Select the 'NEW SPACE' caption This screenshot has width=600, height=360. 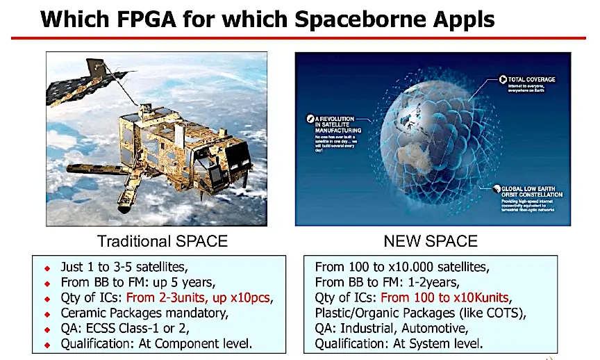[431, 241]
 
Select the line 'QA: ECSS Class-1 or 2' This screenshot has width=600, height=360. [125, 329]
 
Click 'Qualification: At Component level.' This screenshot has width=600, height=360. [156, 344]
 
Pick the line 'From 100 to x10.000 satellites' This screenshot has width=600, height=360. [402, 267]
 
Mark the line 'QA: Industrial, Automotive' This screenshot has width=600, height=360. [392, 328]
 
